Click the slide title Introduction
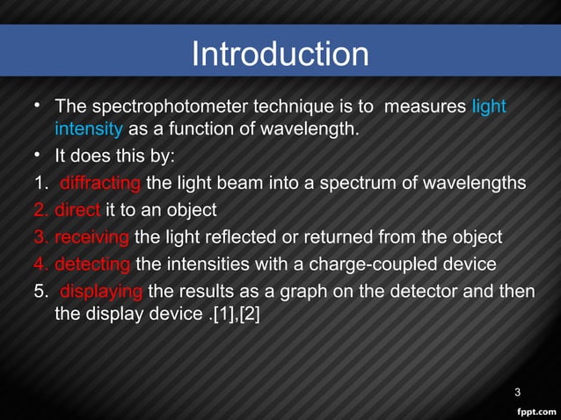[280, 54]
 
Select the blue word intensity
[88, 129]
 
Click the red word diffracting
[100, 183]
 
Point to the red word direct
[77, 210]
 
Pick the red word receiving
[92, 237]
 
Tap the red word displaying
[102, 291]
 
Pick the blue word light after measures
[489, 107]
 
